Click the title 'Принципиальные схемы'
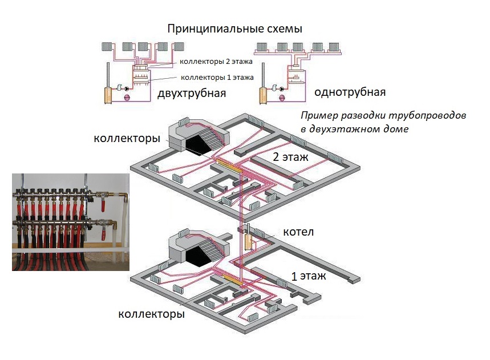pyautogui.click(x=234, y=29)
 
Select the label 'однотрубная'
pyautogui.click(x=350, y=92)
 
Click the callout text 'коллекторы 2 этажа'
pyautogui.click(x=216, y=61)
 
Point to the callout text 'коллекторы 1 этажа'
pyautogui.click(x=217, y=78)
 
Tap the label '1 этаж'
pyautogui.click(x=309, y=276)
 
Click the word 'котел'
pyautogui.click(x=297, y=233)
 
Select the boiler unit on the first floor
pyautogui.click(x=249, y=240)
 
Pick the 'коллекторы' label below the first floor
pyautogui.click(x=151, y=314)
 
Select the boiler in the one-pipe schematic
pyautogui.click(x=264, y=95)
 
